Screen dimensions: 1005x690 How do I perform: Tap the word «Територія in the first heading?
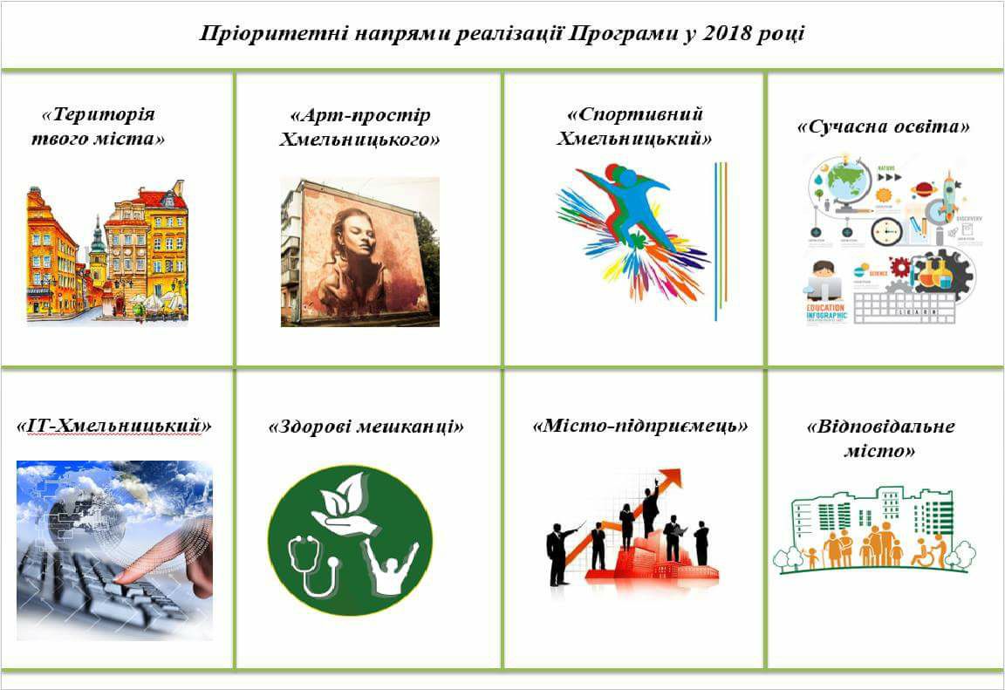point(98,114)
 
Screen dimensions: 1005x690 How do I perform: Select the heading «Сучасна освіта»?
point(883,126)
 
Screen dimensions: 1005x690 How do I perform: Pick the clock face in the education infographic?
point(886,231)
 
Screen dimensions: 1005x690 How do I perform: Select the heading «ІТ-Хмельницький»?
point(113,426)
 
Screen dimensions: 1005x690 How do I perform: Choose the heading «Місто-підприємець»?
point(640,426)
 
